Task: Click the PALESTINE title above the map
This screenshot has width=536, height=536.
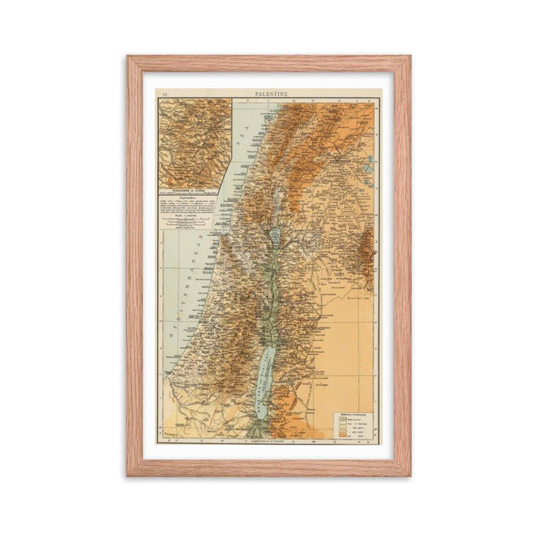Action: [x=268, y=94]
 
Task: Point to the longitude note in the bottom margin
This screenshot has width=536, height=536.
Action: [x=268, y=442]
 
